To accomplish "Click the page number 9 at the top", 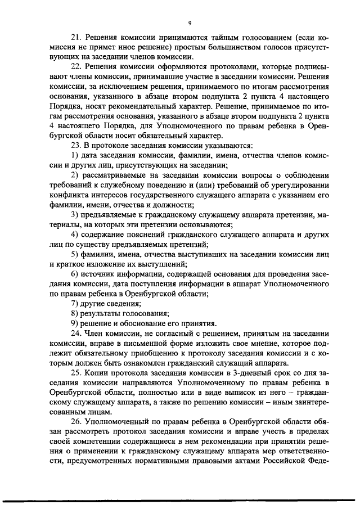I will point(190,23).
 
